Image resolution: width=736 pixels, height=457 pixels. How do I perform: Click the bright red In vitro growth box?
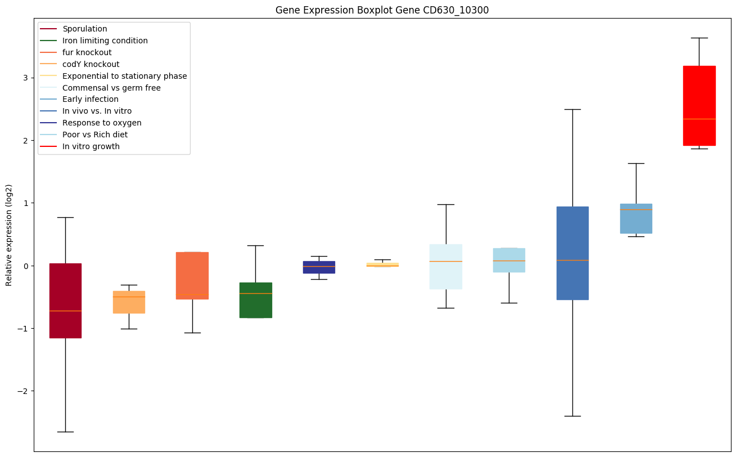(699, 96)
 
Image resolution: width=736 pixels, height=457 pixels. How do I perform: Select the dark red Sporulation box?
(65, 293)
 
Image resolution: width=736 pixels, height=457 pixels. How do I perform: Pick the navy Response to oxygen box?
(319, 267)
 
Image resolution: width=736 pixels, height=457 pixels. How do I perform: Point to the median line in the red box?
(699, 119)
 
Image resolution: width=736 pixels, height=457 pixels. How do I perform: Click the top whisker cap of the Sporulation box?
(65, 217)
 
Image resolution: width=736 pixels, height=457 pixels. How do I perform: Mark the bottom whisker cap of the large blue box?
(572, 416)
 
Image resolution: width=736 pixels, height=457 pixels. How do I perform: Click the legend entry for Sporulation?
(85, 29)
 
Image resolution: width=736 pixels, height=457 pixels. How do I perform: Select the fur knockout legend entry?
(87, 52)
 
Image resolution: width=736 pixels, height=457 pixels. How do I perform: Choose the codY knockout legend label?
(91, 64)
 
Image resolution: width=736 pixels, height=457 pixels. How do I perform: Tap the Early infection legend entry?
(91, 100)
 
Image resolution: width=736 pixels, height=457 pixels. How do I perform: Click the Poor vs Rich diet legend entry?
(95, 135)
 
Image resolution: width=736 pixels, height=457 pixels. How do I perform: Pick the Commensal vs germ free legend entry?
(111, 88)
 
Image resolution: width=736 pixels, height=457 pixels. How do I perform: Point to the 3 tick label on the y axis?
(25, 77)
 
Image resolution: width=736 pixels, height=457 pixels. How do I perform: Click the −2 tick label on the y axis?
(22, 391)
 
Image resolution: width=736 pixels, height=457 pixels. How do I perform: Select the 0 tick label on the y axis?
(25, 266)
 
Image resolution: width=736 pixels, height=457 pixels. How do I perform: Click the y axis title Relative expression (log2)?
(9, 235)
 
